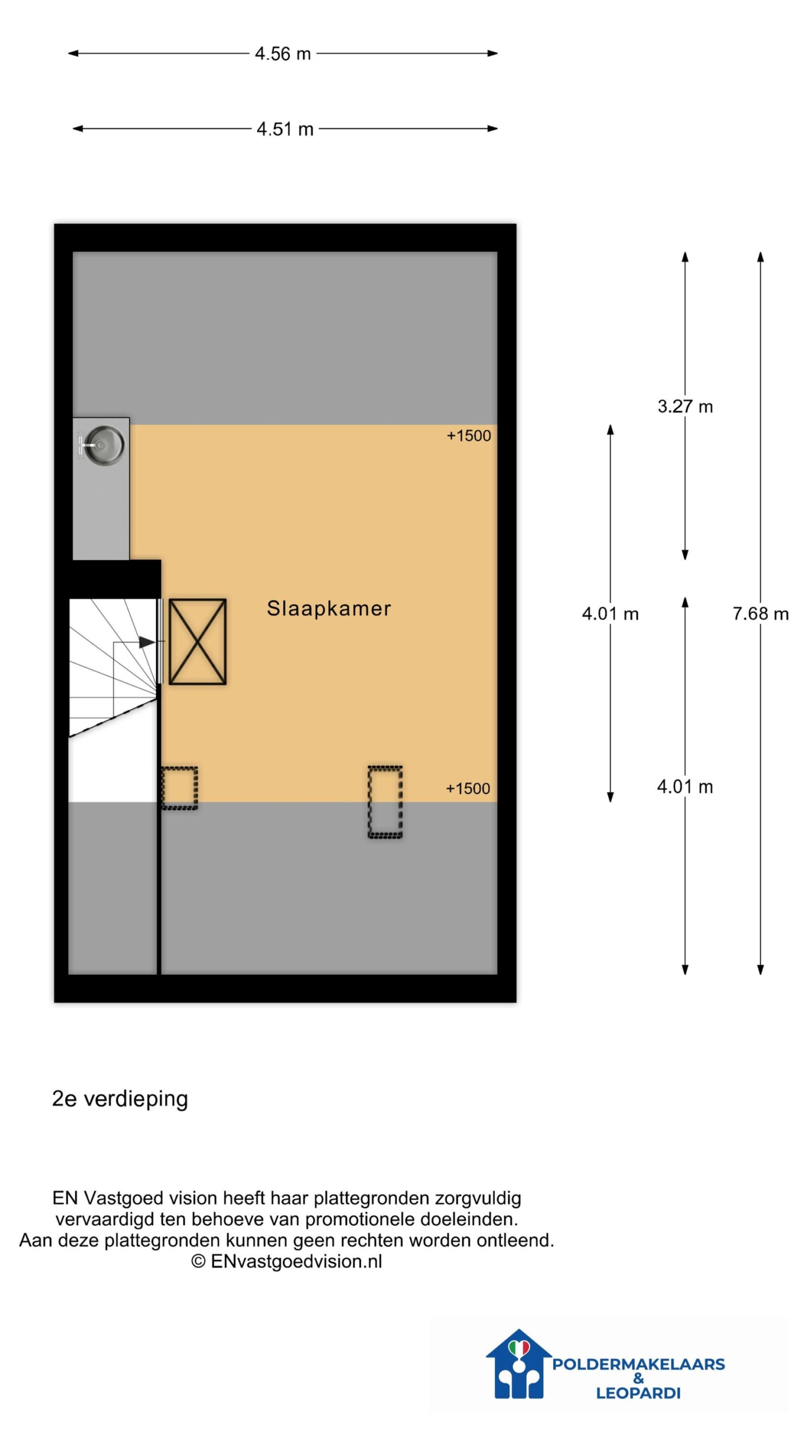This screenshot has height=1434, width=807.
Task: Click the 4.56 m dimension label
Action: click(282, 54)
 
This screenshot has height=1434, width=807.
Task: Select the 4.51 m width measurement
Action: click(285, 129)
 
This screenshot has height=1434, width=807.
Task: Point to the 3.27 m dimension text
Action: click(685, 406)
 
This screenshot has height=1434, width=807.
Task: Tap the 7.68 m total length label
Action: click(760, 613)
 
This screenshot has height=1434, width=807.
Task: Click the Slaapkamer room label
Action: click(329, 608)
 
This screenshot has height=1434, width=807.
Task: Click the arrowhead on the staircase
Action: click(147, 642)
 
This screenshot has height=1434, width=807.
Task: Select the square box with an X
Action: click(197, 642)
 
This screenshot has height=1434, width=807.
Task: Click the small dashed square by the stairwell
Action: click(179, 788)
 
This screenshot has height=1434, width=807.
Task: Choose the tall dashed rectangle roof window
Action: click(385, 802)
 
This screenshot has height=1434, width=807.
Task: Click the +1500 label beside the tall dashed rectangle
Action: click(468, 789)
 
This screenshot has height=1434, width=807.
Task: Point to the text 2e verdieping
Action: click(120, 1098)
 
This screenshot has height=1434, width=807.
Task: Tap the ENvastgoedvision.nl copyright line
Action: click(287, 1261)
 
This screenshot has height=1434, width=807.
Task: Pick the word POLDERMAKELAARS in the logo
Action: click(638, 1364)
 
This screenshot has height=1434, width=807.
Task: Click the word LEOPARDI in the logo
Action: click(638, 1393)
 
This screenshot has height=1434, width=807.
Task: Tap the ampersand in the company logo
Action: click(638, 1379)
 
